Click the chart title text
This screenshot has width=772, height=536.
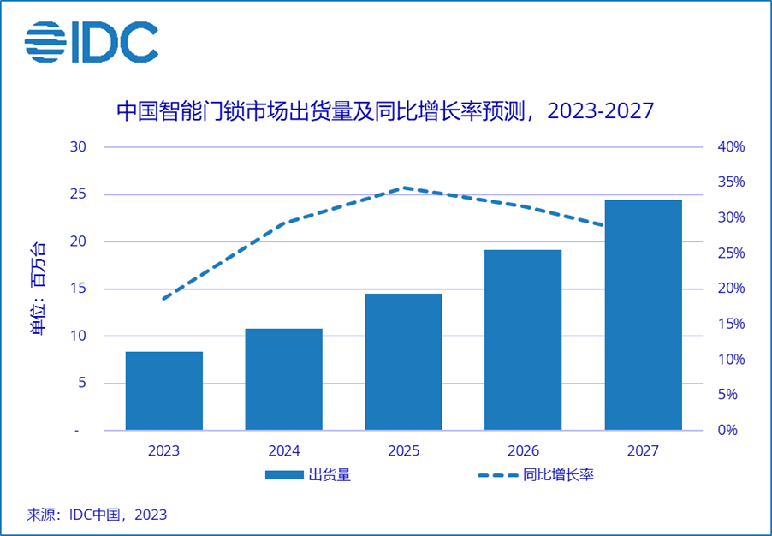pos(385,111)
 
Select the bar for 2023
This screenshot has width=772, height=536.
pos(164,390)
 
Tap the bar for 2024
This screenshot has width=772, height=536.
pos(283,379)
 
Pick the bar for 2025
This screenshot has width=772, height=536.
pos(403,361)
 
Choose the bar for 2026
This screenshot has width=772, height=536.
pos(523,340)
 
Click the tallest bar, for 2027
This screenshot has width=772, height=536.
pos(643,315)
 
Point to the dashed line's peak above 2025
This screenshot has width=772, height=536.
pos(403,188)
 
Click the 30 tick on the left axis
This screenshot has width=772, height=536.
pos(79,146)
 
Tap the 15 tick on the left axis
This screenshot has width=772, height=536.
pos(79,289)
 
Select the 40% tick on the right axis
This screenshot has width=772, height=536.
pos(731,146)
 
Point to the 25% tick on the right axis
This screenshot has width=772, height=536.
pos(731,253)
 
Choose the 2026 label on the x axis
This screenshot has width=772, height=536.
pos(523,450)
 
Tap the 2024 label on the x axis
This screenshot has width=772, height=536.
pos(283,450)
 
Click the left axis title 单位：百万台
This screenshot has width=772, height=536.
pos(39,289)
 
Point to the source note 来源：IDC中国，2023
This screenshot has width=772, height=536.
pos(97,515)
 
